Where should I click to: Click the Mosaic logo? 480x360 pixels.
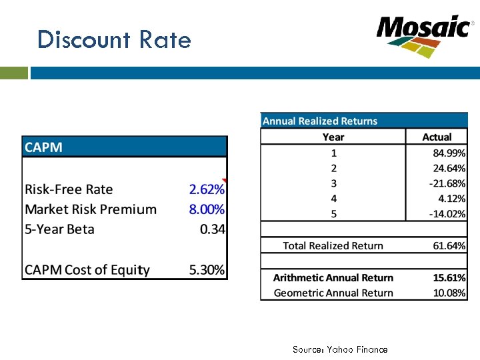[x=423, y=35]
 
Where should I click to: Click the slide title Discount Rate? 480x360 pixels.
[x=114, y=40]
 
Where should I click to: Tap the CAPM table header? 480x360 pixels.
[x=44, y=147]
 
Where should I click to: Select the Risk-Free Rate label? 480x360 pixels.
[x=69, y=189]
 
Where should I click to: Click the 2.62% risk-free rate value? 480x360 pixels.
[x=207, y=189]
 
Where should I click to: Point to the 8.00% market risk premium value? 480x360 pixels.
[x=207, y=209]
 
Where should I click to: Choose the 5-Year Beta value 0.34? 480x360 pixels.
[x=213, y=229]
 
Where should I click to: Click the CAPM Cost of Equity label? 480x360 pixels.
[x=87, y=270]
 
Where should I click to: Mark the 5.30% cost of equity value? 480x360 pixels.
[x=207, y=270]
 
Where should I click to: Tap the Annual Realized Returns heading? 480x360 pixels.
[x=320, y=121]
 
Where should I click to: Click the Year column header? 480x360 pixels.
[x=333, y=137]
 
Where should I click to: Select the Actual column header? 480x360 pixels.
[x=437, y=137]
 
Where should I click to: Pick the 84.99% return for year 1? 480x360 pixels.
[x=449, y=153]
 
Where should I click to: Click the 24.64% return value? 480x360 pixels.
[x=449, y=168]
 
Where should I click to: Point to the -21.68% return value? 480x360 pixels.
[x=447, y=183]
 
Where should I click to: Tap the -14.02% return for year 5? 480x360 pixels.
[x=447, y=214]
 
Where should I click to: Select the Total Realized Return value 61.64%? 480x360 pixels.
[x=449, y=245]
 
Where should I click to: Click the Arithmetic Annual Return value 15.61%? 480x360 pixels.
[x=449, y=277]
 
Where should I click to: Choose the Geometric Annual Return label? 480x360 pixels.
[x=333, y=293]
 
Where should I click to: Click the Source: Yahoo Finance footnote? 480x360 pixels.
[x=340, y=349]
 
